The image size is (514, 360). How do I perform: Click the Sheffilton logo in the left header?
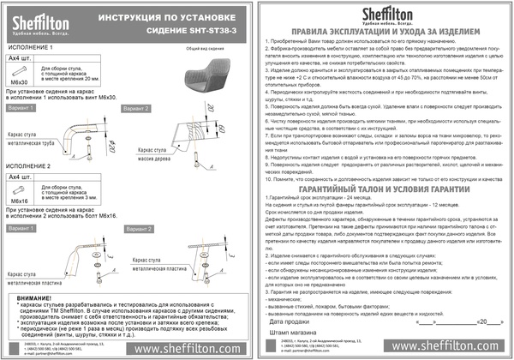tap(33, 17)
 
